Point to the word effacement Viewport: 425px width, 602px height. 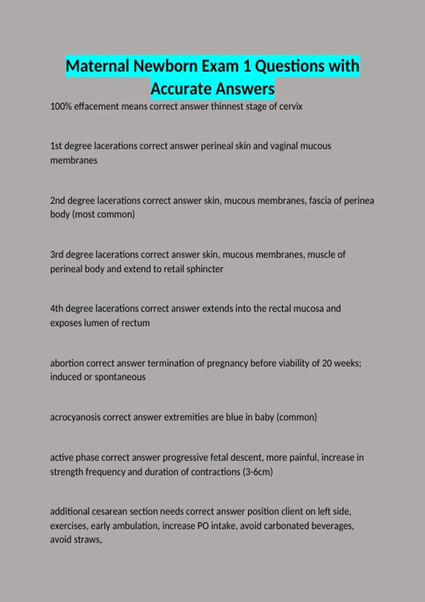click(97, 107)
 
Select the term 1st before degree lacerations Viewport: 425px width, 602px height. click(56, 146)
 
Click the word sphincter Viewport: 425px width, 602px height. click(205, 269)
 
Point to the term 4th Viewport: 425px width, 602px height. click(57, 308)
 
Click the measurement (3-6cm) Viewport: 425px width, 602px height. click(257, 472)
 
